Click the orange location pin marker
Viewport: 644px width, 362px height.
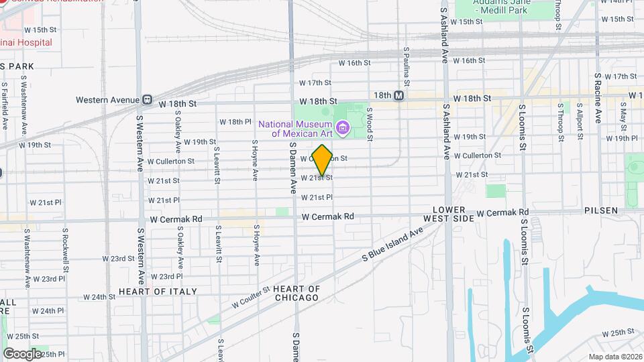322,160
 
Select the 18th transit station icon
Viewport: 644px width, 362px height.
399,96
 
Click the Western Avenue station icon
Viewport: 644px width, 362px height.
146,100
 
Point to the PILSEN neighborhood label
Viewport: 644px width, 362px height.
600,210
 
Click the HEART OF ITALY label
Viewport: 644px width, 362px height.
158,292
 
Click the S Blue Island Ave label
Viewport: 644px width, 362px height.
392,243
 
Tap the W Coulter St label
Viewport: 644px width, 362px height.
250,296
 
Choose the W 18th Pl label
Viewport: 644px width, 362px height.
235,122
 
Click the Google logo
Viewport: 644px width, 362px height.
23,353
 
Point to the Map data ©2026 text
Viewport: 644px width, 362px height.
615,357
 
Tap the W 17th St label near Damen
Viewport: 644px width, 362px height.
315,83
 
